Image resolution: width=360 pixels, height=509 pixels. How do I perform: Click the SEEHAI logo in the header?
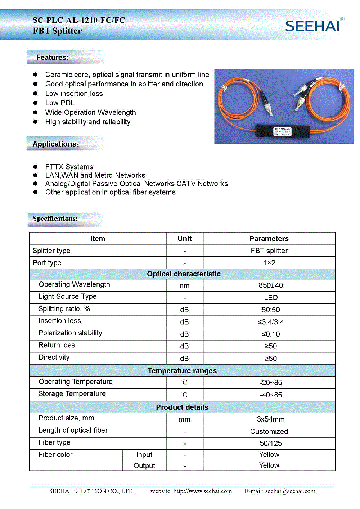pyautogui.click(x=312, y=26)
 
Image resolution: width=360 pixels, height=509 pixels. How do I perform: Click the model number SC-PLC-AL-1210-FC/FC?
pyautogui.click(x=79, y=20)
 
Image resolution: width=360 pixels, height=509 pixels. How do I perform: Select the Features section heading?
pyautogui.click(x=52, y=57)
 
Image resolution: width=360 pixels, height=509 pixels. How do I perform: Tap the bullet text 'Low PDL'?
pyautogui.click(x=60, y=103)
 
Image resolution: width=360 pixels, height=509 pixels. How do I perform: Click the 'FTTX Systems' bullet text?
pyautogui.click(x=69, y=167)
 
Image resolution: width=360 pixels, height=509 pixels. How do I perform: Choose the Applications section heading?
pyautogui.click(x=55, y=144)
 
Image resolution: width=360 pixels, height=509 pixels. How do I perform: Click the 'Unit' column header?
pyautogui.click(x=184, y=239)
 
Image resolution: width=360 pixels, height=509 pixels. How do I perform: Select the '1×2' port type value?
pyautogui.click(x=269, y=263)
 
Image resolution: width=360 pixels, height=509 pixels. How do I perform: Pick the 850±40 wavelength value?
pyautogui.click(x=271, y=285)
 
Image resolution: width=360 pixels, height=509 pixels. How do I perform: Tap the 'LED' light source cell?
pyautogui.click(x=271, y=298)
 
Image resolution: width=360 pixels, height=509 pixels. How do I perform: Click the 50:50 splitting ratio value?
pyautogui.click(x=271, y=310)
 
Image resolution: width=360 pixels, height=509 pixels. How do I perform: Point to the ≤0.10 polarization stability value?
pyautogui.click(x=271, y=334)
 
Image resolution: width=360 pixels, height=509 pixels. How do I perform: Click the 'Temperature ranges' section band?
pyautogui.click(x=182, y=371)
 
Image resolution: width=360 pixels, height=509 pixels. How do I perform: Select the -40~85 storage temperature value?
pyautogui.click(x=271, y=395)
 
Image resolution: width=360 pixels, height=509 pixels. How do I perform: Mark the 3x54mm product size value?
pyautogui.click(x=271, y=419)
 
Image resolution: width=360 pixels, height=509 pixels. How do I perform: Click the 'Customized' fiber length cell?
pyautogui.click(x=269, y=431)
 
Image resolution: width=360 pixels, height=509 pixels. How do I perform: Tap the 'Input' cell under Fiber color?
pyautogui.click(x=144, y=455)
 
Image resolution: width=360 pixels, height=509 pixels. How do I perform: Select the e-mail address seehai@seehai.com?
pyautogui.click(x=290, y=491)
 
